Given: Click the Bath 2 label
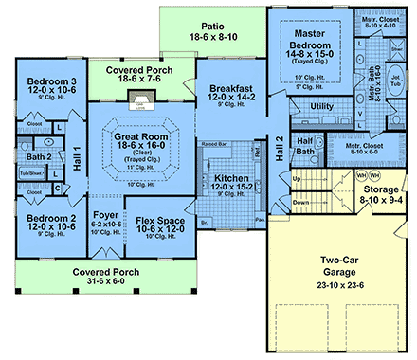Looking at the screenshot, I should pos(39,158).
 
